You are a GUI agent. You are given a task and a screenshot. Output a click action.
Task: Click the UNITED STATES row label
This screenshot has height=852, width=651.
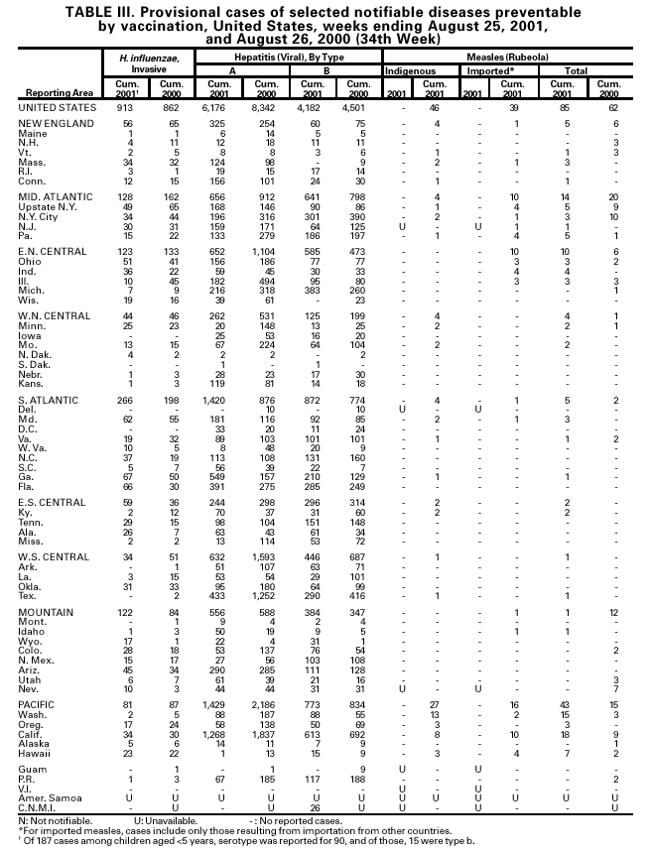click(x=57, y=106)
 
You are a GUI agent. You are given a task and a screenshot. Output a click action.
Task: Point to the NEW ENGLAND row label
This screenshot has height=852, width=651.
click(x=55, y=123)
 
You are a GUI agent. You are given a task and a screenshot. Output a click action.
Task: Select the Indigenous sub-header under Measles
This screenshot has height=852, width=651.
click(x=409, y=72)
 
